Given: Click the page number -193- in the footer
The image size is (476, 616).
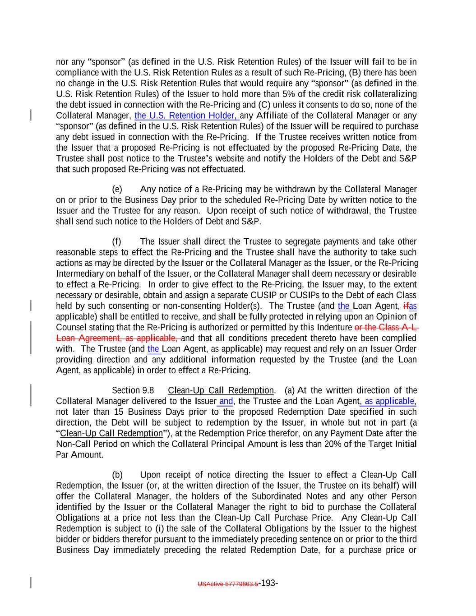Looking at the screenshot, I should [268, 583].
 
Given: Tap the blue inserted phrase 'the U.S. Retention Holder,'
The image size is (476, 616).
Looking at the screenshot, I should [187, 116].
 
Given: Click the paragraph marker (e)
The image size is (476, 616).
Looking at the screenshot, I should [117, 189].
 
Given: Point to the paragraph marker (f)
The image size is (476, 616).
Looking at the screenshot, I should [117, 241].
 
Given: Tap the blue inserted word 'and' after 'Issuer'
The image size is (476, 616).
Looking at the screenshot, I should [226, 401].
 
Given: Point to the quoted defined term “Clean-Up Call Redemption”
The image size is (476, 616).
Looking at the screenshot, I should [111, 433].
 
